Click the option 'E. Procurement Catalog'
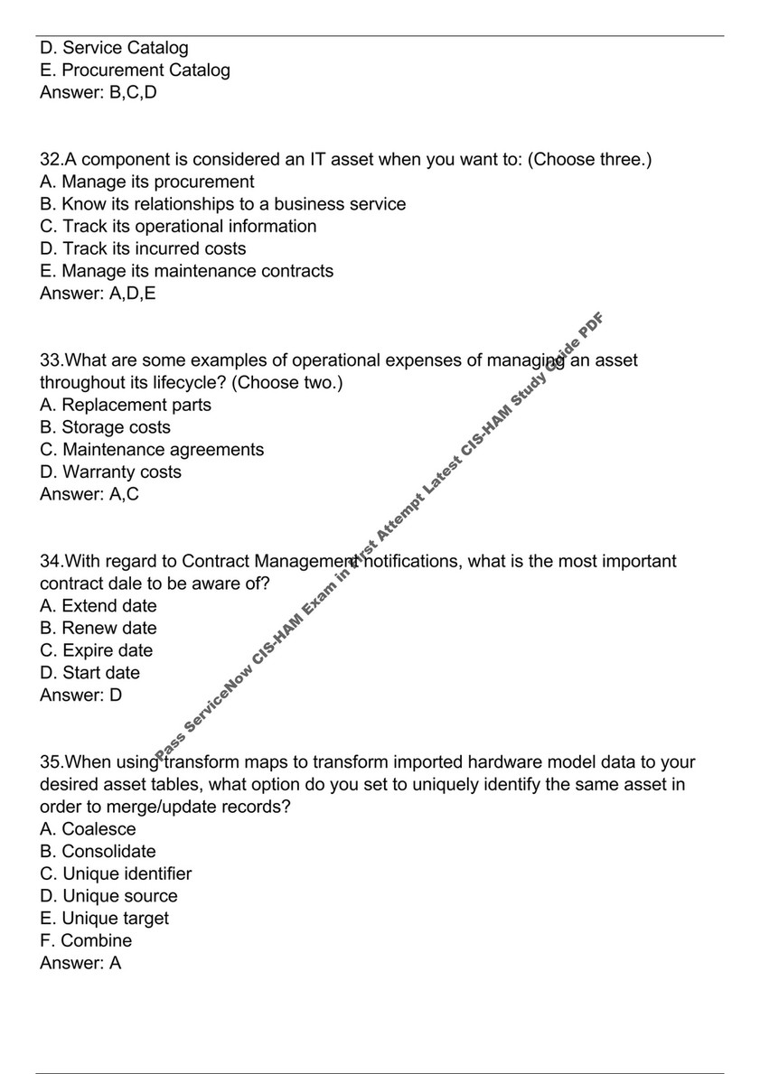coord(135,70)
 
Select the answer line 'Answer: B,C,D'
coord(98,92)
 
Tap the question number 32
coord(51,160)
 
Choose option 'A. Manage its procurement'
coord(146,182)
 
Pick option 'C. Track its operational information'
coord(178,226)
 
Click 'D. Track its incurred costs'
coord(143,248)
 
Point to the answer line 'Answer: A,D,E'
coord(98,293)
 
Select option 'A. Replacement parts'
coord(126,405)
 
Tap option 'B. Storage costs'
coord(105,427)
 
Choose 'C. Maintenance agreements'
coord(152,449)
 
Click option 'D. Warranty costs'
coord(110,472)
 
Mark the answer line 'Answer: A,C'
coord(89,494)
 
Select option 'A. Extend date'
coord(99,605)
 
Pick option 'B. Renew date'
coord(99,628)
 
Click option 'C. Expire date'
coord(97,650)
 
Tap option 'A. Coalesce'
coord(88,829)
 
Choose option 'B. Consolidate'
coord(98,851)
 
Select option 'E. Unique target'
coord(104,918)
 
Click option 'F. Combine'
coord(86,940)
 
